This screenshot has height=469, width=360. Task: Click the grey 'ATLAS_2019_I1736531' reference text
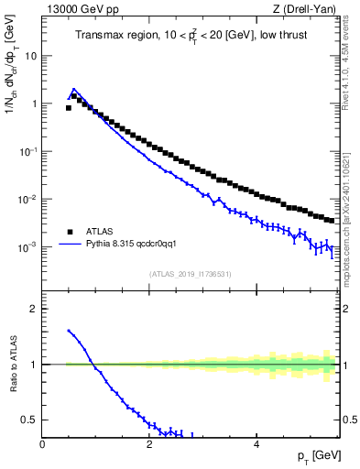[191, 274]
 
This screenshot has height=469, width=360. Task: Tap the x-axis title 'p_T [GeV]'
[317, 455]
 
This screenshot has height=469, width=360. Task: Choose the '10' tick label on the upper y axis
[29, 56]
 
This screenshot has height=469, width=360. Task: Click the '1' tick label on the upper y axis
[33, 104]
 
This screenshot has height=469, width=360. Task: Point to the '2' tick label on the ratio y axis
[33, 309]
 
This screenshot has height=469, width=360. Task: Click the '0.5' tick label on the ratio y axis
[28, 420]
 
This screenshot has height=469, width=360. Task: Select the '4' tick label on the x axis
[256, 443]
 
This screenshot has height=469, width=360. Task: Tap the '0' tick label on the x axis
[42, 443]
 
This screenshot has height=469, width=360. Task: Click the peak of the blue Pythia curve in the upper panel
[74, 90]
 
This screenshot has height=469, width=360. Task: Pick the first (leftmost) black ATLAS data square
[69, 108]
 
